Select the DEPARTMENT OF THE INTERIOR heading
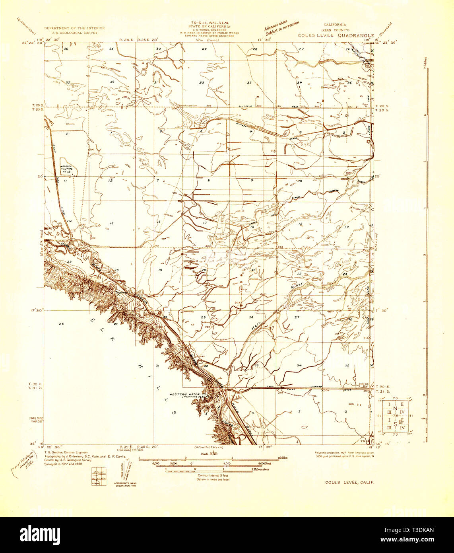pyautogui.click(x=74, y=28)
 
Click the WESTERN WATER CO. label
pyautogui.click(x=184, y=394)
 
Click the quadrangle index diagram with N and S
pyautogui.click(x=395, y=415)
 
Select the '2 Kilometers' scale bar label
pyautogui.click(x=260, y=469)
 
